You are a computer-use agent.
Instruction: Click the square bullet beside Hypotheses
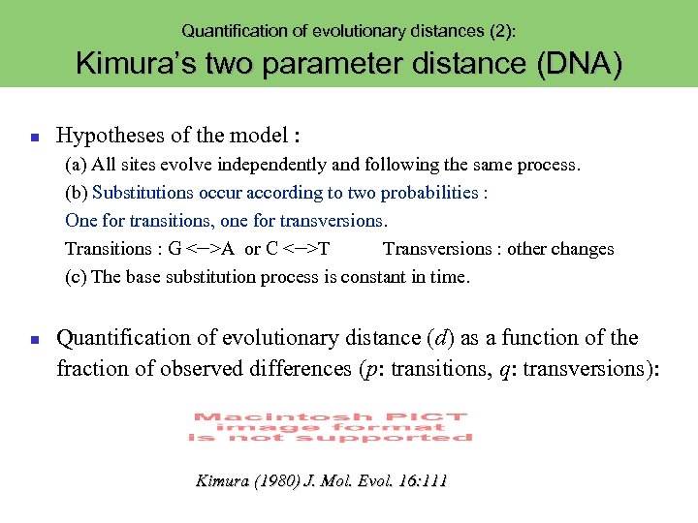(x=33, y=138)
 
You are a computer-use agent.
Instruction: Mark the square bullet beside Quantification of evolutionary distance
(x=33, y=340)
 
